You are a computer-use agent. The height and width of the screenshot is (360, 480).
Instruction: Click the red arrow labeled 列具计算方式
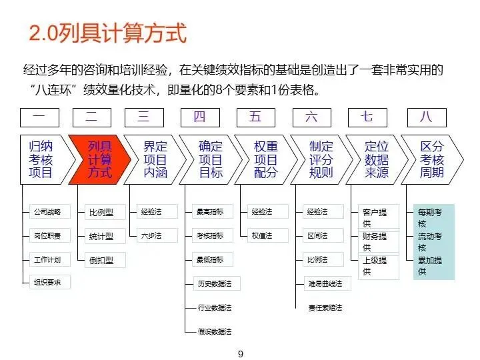tap(100, 159)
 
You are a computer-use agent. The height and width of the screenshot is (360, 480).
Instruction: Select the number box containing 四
tap(199, 117)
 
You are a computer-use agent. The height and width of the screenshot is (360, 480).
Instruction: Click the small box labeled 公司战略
tap(47, 212)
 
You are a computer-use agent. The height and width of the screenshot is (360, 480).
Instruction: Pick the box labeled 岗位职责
tap(47, 236)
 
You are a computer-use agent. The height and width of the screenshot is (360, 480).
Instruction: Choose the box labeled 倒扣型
tap(101, 260)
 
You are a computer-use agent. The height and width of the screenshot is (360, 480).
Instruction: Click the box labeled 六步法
tap(151, 235)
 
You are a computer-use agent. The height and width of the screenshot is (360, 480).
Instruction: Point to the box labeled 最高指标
tap(210, 212)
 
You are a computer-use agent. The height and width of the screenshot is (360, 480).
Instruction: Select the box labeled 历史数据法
tap(214, 283)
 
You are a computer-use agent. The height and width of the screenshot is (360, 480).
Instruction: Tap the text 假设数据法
tap(215, 331)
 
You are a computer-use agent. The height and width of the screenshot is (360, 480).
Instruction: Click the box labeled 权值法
tap(262, 235)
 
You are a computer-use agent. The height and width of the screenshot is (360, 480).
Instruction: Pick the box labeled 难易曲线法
tap(325, 283)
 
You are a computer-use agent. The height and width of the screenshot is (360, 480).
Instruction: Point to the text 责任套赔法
tap(325, 307)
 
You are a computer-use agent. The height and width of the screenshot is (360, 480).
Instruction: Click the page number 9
tap(241, 354)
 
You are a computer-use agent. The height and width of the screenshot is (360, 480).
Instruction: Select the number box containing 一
tap(39, 117)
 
